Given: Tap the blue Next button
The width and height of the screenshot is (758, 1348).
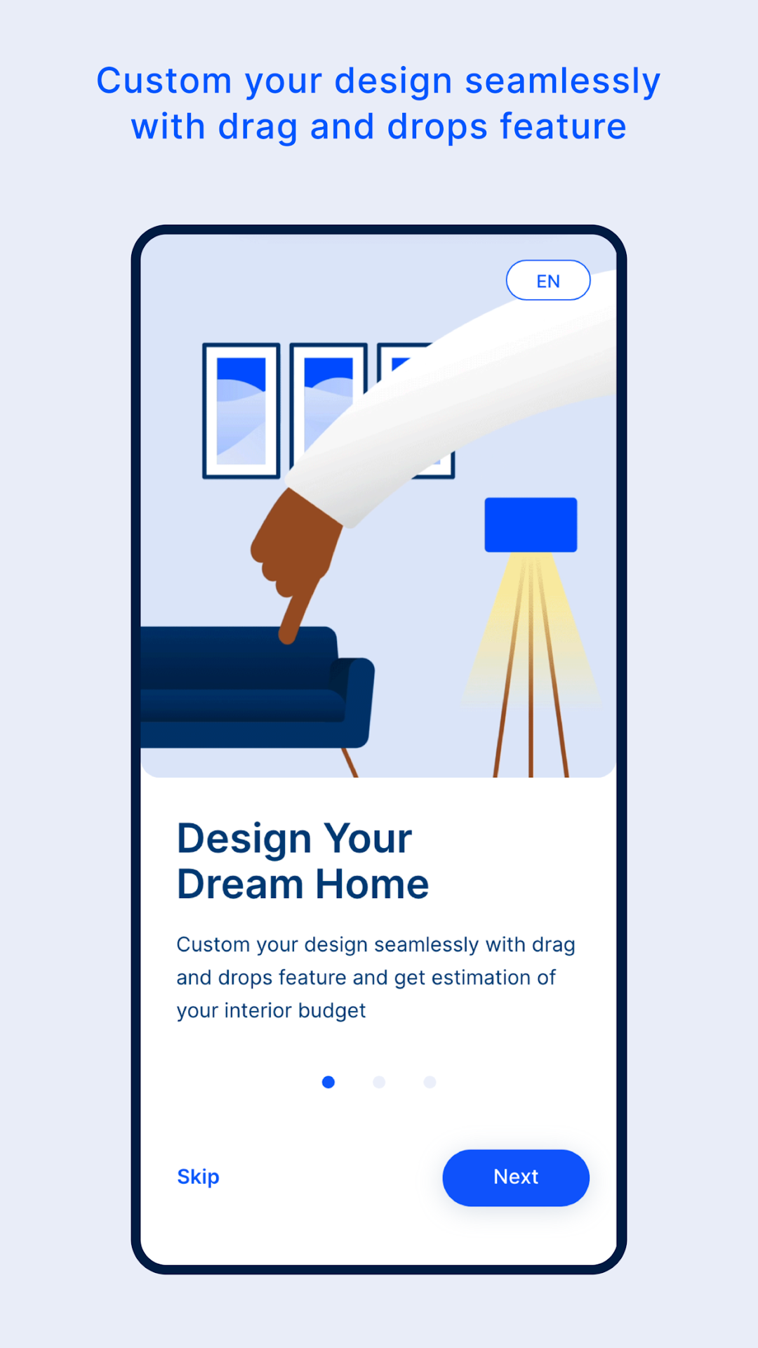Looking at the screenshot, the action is click(516, 1177).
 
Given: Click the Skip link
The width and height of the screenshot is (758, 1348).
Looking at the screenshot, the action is click(198, 1177).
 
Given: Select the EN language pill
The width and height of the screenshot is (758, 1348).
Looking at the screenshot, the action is click(548, 280).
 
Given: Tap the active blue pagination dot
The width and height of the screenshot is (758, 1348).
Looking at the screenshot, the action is click(328, 1082).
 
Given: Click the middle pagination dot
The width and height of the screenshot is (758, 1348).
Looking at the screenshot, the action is click(379, 1082).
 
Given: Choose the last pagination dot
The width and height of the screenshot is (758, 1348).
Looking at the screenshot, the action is click(430, 1082).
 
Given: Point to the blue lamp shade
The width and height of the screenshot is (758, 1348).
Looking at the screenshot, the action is click(531, 524).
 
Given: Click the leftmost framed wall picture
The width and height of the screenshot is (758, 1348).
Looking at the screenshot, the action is click(241, 411).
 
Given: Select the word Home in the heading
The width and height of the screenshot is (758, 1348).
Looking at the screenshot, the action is click(372, 884).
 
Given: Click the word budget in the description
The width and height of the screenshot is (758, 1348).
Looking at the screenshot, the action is click(332, 1011).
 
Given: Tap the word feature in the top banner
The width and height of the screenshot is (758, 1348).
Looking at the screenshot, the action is click(563, 127).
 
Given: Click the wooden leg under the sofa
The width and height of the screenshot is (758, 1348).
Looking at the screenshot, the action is click(350, 762).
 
